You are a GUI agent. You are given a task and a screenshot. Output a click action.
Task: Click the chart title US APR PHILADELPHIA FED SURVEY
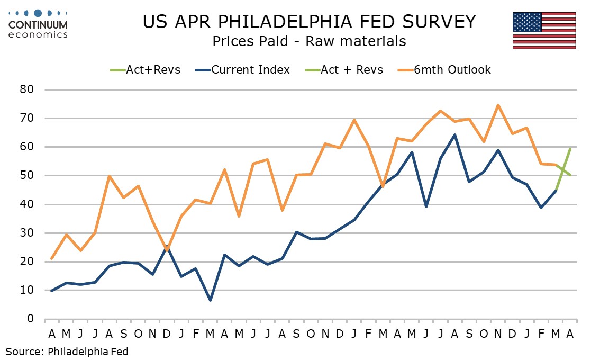click(x=309, y=22)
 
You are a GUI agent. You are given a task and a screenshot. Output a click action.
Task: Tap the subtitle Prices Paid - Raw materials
click(x=309, y=41)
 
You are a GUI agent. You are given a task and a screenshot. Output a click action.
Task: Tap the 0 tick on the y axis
click(x=31, y=319)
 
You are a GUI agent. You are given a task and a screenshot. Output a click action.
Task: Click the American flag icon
click(x=543, y=31)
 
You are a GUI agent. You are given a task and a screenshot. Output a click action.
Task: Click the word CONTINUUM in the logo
click(x=38, y=25)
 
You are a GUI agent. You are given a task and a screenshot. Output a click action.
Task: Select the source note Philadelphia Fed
click(x=67, y=351)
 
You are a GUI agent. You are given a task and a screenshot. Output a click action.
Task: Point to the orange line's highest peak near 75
click(x=498, y=105)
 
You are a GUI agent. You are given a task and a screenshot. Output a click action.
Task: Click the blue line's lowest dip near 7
click(x=211, y=300)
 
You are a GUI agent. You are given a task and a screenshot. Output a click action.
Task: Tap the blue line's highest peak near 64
click(x=454, y=134)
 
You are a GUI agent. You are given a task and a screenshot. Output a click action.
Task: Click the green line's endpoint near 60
click(x=570, y=149)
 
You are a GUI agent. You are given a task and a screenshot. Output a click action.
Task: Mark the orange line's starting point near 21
click(x=52, y=258)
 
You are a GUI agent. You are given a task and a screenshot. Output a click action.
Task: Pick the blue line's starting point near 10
click(x=52, y=291)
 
